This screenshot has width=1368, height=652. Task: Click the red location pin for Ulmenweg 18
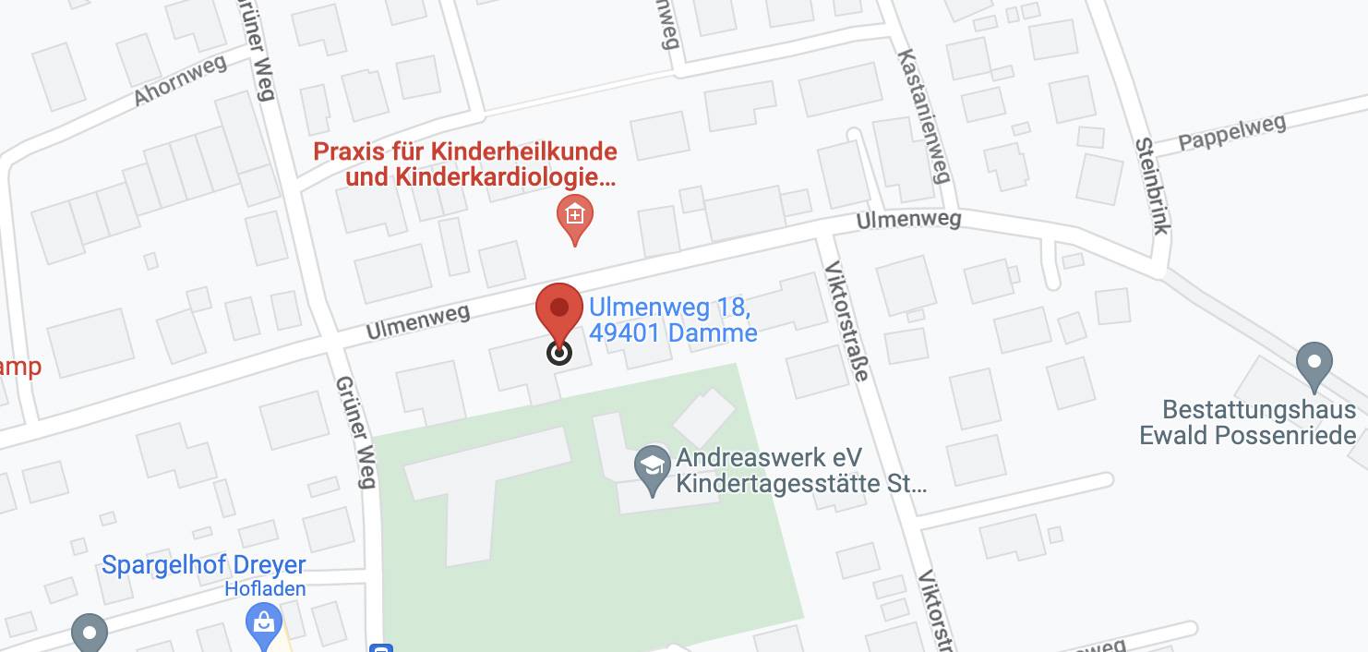pyautogui.click(x=558, y=310)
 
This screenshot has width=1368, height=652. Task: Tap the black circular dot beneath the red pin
pyautogui.click(x=559, y=353)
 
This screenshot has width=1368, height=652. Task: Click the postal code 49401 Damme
pyautogui.click(x=673, y=332)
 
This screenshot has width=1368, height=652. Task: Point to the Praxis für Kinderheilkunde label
pyautogui.click(x=465, y=151)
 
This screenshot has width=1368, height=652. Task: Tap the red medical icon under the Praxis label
pyautogui.click(x=574, y=217)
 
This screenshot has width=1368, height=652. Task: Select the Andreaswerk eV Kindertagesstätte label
pyautogui.click(x=799, y=470)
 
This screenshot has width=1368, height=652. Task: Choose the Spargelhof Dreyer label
pyautogui.click(x=203, y=565)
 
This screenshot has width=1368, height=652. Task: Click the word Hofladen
pyautogui.click(x=265, y=588)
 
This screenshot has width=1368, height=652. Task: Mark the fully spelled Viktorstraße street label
pyautogui.click(x=846, y=320)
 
